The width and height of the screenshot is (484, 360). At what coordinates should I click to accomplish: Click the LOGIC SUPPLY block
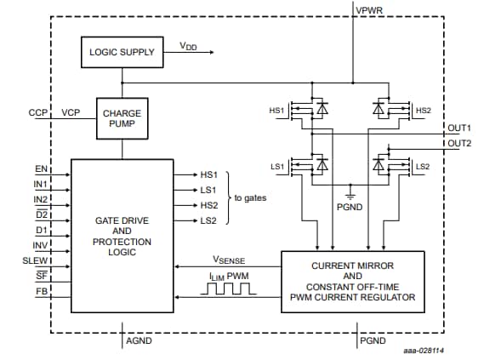122,52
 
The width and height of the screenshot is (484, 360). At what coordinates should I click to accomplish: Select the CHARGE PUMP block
122,117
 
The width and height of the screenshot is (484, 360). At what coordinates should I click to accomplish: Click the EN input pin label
40,169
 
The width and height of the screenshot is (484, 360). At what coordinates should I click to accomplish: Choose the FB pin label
41,291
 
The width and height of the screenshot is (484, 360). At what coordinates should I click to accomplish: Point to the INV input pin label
39,245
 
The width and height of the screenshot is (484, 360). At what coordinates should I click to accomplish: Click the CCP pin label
37,112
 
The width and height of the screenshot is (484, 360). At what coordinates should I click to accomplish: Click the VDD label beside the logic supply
188,47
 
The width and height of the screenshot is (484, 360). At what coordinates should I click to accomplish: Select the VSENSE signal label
229,260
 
